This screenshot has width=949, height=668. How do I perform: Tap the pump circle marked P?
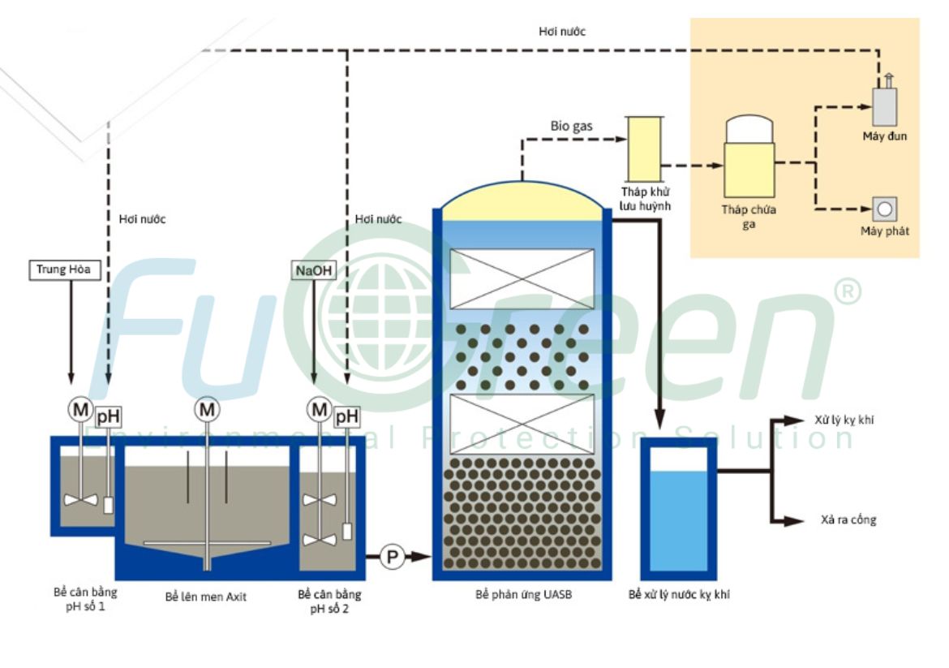(x=393, y=556)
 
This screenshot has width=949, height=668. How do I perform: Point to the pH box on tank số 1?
(x=108, y=417)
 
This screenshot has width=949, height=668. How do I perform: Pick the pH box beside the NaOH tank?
(x=347, y=416)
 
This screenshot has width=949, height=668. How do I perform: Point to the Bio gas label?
(x=571, y=126)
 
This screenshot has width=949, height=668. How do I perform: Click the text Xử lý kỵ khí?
(x=844, y=420)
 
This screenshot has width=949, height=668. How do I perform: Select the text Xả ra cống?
(x=848, y=519)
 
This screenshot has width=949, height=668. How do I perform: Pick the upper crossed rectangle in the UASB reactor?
(x=522, y=278)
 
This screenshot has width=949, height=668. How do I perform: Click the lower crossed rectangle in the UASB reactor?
(x=522, y=424)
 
